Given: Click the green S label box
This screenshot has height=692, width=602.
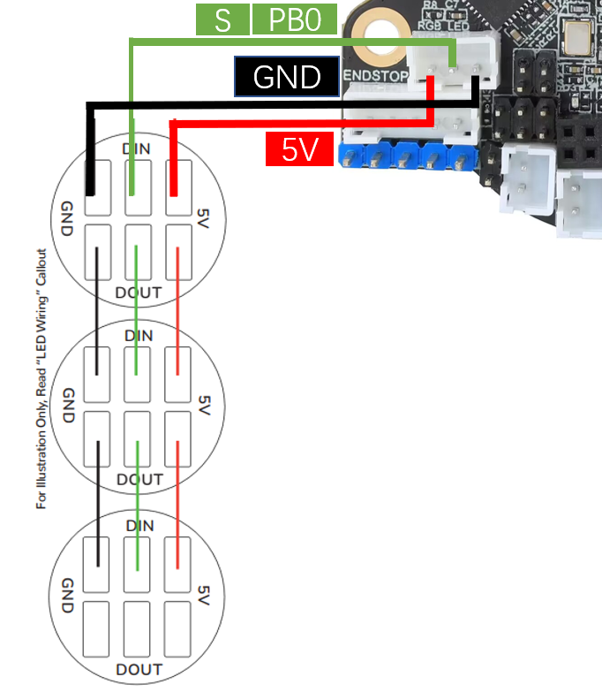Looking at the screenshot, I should [222, 19].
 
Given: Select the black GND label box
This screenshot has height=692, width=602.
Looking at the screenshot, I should [287, 78].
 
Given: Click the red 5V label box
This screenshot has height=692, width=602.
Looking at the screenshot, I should [299, 149].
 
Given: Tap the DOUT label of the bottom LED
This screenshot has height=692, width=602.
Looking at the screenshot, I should [139, 668].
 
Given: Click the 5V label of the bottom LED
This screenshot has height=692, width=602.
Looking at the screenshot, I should [205, 594].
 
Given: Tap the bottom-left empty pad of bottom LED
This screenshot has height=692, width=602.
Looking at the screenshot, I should [96, 628].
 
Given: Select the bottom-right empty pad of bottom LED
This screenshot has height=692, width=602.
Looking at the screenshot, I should [177, 628].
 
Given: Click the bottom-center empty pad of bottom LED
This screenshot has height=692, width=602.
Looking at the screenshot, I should [137, 628].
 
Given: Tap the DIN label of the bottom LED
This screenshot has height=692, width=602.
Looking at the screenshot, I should [139, 526].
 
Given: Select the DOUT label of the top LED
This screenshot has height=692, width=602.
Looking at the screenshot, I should [139, 293].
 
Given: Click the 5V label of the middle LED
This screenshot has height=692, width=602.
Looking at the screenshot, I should [205, 405].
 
